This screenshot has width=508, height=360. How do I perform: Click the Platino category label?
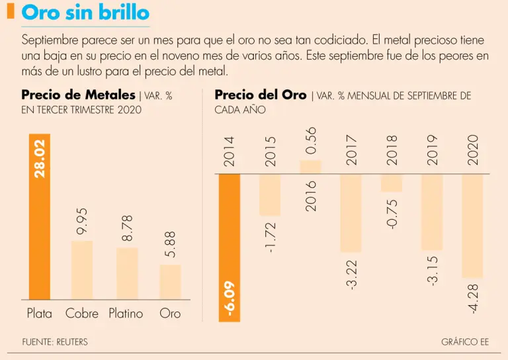coord(126,314)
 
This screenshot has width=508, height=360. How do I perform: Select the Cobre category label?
coord(82,314)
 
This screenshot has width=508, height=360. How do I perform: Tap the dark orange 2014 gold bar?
coord(230,247)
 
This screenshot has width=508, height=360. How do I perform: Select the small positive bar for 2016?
coord(311,167)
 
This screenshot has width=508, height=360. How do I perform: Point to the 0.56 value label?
coord(312,140)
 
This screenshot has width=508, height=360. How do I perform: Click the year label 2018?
coord(392,150)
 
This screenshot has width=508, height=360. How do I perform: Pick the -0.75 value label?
coord(392,212)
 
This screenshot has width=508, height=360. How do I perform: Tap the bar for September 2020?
coord(472,225)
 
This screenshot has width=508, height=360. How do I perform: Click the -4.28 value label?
coord(473,298)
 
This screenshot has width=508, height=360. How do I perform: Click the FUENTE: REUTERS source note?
coord(54,342)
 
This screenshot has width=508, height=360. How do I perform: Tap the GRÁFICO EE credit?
coord(465,342)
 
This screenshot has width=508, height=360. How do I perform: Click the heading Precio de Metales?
coord(78,95)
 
